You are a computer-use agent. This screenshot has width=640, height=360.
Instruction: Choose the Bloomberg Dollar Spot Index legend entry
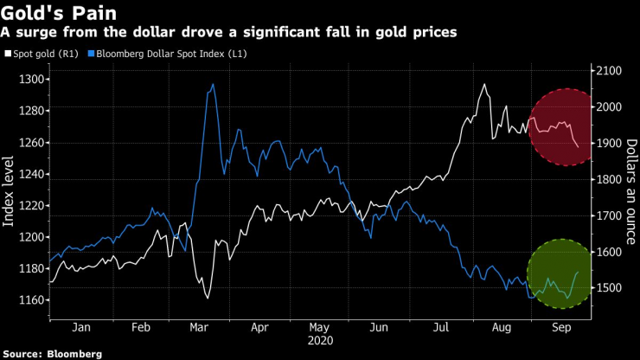coord(164,54)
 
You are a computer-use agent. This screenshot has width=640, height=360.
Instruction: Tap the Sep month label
coord(560,328)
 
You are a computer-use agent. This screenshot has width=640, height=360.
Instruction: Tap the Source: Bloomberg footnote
coord(51,353)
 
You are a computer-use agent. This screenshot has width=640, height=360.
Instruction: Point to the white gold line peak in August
coord(484,84)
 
